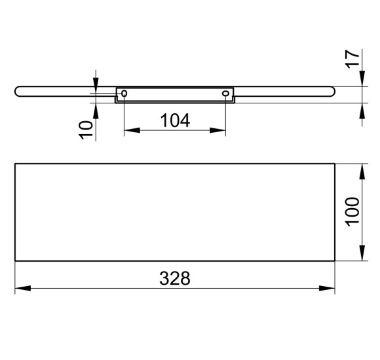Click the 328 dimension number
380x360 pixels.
click(175, 278)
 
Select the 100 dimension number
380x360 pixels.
click(352, 212)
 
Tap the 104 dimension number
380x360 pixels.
click(175, 120)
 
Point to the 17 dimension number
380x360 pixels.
click(352, 59)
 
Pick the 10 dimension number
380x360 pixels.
click(86, 130)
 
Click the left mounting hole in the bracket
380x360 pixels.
click(124, 93)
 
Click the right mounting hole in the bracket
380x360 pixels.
click(225, 93)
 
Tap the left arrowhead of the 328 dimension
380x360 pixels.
click(23, 289)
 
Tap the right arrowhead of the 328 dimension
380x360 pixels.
click(327, 289)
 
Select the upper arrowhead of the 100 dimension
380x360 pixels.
click(362, 171)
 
